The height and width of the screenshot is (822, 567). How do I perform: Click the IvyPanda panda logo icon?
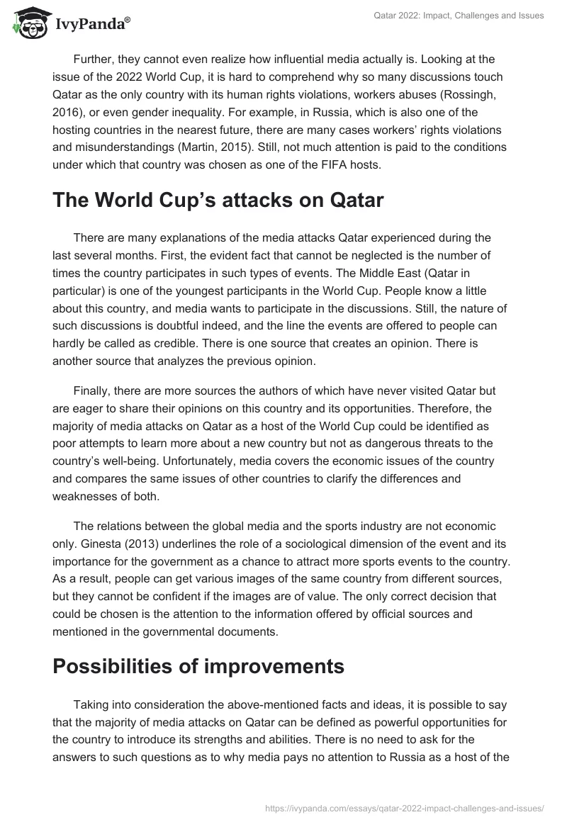tap(29, 23)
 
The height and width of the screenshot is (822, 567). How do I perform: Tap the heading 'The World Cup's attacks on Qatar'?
tap(218, 201)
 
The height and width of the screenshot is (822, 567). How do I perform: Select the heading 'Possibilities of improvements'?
tap(198, 666)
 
